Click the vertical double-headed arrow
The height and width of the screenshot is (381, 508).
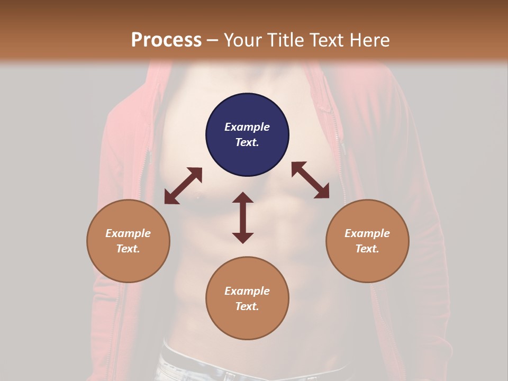[x=243, y=217]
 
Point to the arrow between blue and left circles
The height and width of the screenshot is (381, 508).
[x=183, y=186]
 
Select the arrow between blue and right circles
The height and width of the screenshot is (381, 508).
[x=310, y=180]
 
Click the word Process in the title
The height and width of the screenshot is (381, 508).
[x=166, y=40]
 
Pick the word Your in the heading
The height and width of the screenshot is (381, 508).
[x=242, y=40]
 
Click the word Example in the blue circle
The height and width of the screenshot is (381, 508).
[x=247, y=127]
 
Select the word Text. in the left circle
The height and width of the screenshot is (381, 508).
[x=128, y=249]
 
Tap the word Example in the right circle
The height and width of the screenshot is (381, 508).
[x=367, y=233]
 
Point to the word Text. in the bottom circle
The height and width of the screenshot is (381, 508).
[x=247, y=306]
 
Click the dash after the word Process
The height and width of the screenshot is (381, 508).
[x=212, y=41]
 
